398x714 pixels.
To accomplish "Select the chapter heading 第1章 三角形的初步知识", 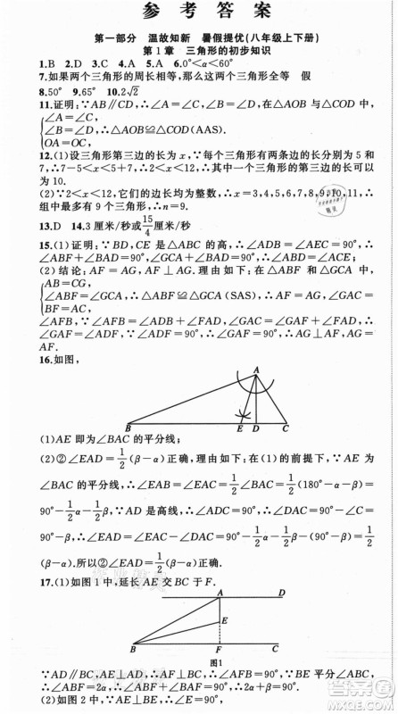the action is [x=197, y=52].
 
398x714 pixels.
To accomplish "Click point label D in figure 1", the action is [x=282, y=593].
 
